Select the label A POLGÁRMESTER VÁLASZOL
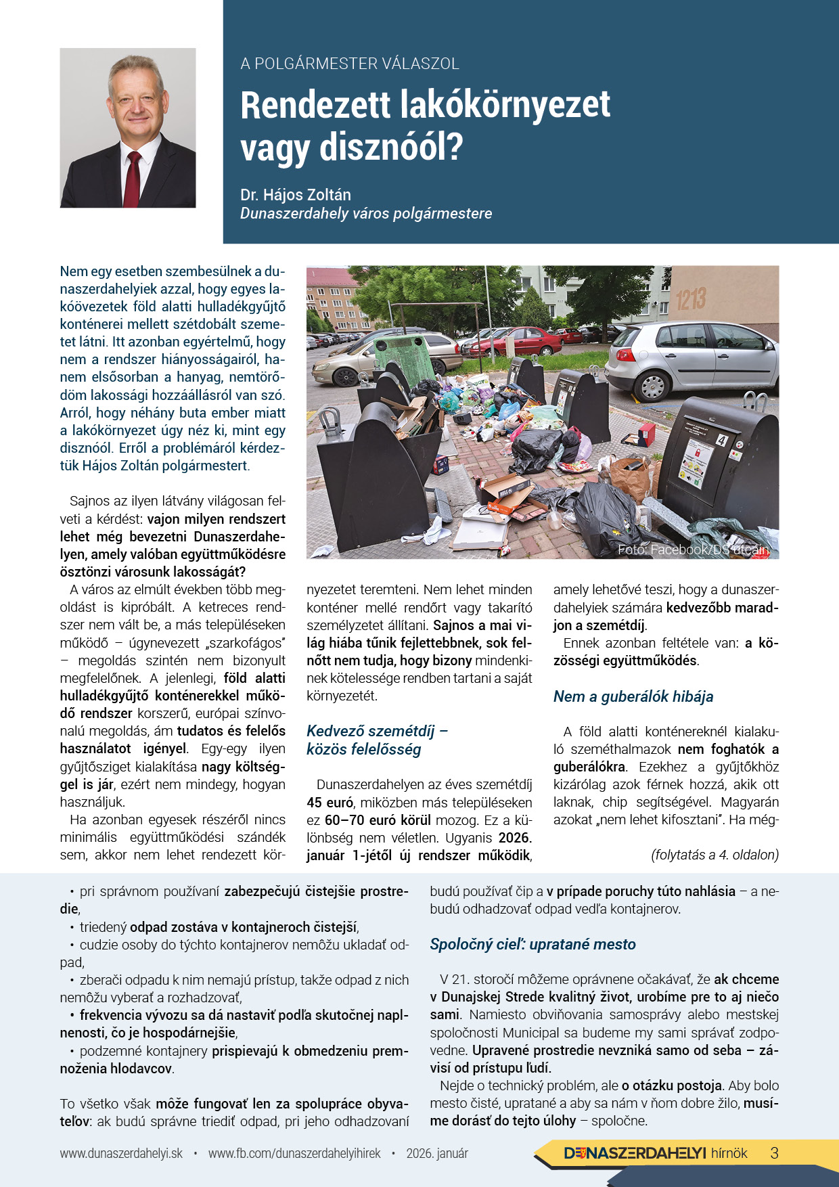pos(350,64)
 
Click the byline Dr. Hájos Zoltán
pos(296,195)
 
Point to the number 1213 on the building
pos(690,298)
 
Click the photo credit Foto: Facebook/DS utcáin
pos(694,550)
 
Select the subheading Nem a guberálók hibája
pos(633,696)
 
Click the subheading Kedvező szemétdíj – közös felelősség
pos(377,740)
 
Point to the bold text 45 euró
pos(330,803)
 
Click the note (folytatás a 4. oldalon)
pos(715,855)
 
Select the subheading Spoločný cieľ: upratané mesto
pos(532,944)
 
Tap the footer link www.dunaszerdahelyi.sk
pos(121,1153)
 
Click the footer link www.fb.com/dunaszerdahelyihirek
pos(294,1153)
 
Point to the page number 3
pos(775,1153)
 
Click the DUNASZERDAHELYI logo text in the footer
pos(635,1153)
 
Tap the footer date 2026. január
pos(437,1153)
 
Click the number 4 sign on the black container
pos(721,441)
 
